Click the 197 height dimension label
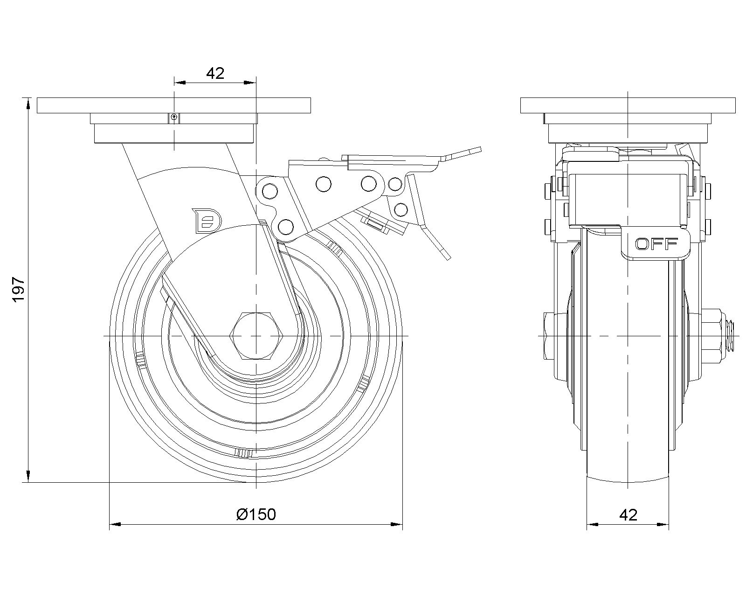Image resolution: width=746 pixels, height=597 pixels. point(18,289)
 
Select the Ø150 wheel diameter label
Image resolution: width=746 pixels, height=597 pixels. point(256,514)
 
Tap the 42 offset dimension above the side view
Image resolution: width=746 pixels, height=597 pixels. point(215,73)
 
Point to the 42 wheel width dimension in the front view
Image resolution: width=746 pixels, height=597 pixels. point(628,514)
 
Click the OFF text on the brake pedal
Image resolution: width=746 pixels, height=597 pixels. point(656,243)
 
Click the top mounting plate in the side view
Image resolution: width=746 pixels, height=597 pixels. point(173,105)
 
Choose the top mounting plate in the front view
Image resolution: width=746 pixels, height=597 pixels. point(628,105)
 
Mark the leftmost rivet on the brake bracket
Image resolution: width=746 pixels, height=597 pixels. point(269,190)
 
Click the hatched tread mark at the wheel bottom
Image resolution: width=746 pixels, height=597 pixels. point(244,453)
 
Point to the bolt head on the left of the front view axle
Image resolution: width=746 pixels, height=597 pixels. point(548,336)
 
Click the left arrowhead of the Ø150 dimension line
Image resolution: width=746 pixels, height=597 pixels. point(115,525)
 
